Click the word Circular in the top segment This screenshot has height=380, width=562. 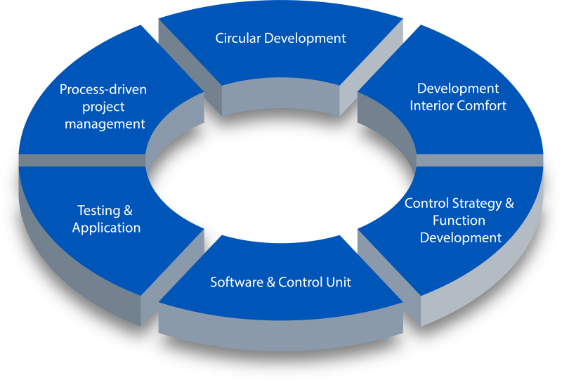coord(237,38)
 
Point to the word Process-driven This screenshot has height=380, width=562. coord(103,89)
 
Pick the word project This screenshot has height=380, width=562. coord(103,107)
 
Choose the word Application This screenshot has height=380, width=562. coord(106,228)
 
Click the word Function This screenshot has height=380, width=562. coord(459,221)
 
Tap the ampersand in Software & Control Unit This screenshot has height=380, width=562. coord(270,282)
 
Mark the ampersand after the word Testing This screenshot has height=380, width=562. coord(128,211)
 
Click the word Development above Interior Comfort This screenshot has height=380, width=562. coord(458,89)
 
